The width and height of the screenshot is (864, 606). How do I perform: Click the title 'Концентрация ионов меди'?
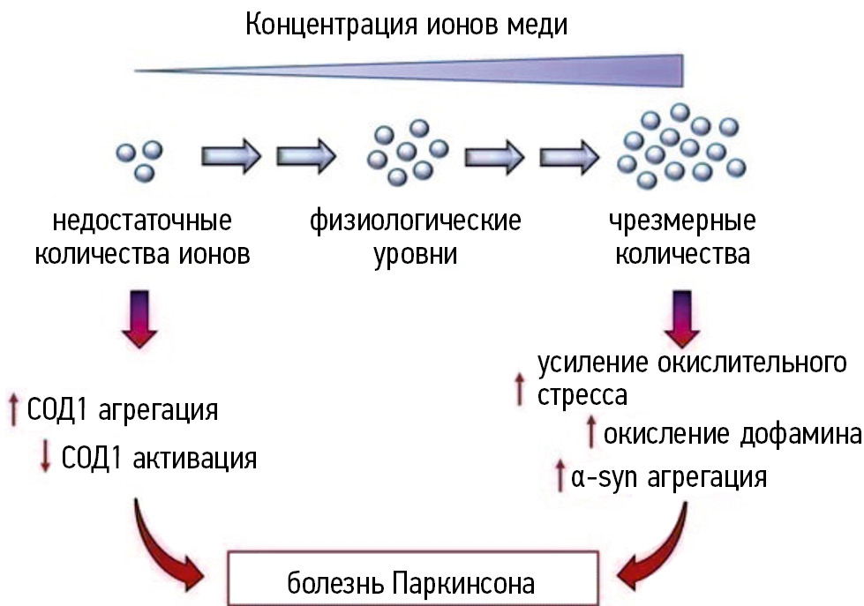(x=406, y=24)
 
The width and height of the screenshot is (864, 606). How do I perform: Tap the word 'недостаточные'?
(x=142, y=219)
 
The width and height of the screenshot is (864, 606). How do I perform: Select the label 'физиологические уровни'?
(x=415, y=236)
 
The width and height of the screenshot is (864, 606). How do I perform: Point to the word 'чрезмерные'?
(x=681, y=219)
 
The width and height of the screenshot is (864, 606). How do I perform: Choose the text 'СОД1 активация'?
(x=160, y=458)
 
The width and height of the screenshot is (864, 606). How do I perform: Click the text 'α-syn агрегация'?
(x=668, y=478)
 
